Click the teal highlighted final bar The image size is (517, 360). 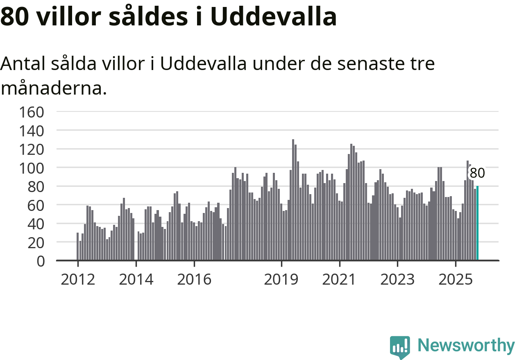477,223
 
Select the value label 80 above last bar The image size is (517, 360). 477,173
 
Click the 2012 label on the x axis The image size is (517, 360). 78,280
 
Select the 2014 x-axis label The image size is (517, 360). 136,280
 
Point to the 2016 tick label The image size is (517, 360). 194,280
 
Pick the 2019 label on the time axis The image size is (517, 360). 281,280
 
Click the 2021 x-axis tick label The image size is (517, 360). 340,280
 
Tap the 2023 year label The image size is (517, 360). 397,280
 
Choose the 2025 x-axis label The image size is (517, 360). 456,280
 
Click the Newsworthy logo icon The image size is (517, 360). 400,347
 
